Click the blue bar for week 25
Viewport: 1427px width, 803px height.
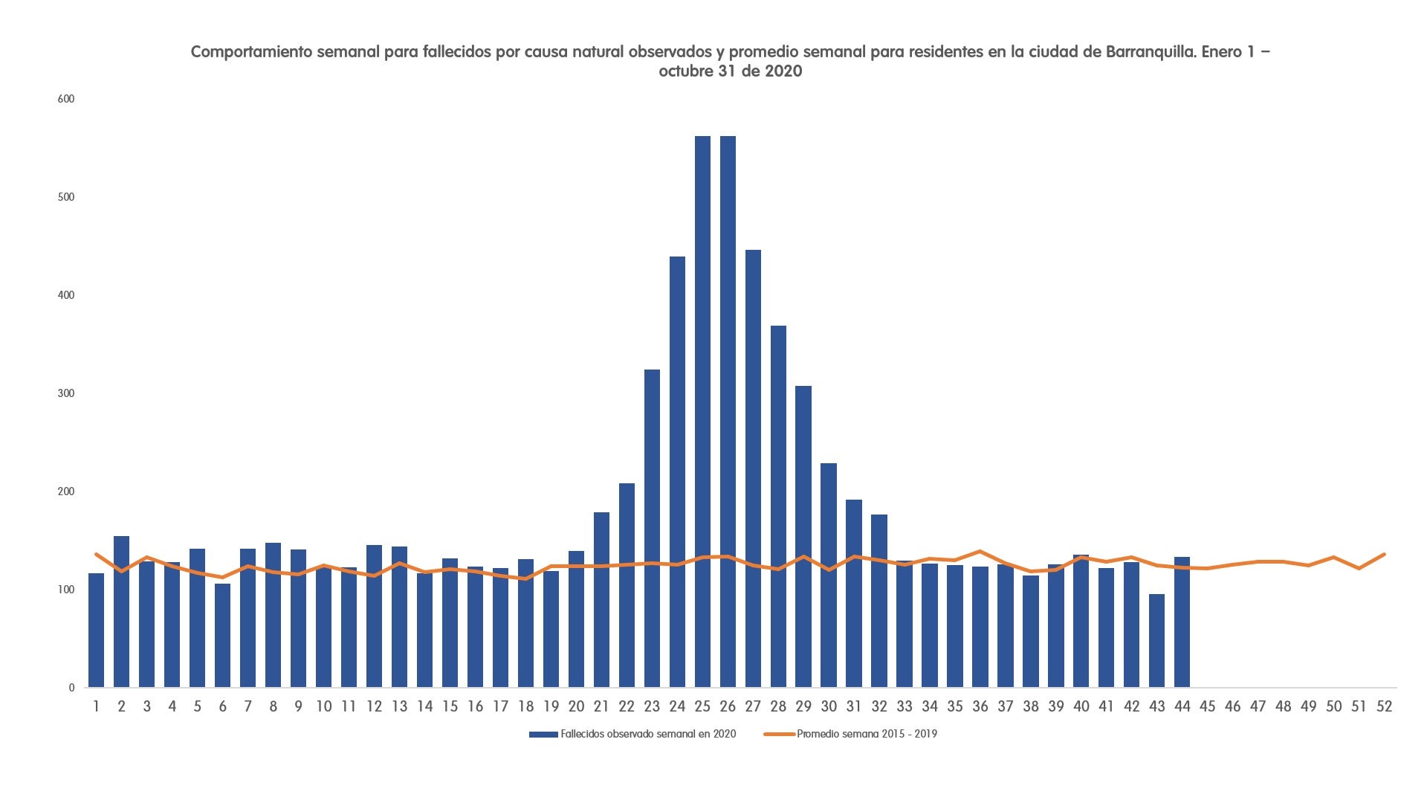click(702, 412)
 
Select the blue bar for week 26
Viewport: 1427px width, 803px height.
click(728, 412)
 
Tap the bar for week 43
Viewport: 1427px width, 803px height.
click(1156, 640)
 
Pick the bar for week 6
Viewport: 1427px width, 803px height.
click(222, 636)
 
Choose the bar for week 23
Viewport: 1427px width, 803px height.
click(652, 528)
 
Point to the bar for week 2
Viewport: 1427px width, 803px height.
click(121, 611)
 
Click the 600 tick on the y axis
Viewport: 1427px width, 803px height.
click(66, 99)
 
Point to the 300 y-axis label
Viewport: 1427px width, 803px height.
click(66, 393)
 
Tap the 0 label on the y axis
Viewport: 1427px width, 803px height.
click(71, 688)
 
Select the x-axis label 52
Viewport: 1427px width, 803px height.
click(1384, 706)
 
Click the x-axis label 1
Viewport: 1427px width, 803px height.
click(96, 706)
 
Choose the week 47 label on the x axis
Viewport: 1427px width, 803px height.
click(1258, 706)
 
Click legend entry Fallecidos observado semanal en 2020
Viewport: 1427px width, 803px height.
click(648, 734)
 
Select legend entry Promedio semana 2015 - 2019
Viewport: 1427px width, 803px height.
click(867, 734)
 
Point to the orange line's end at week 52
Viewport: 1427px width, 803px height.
click(1384, 554)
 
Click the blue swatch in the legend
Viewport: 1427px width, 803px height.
click(543, 735)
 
